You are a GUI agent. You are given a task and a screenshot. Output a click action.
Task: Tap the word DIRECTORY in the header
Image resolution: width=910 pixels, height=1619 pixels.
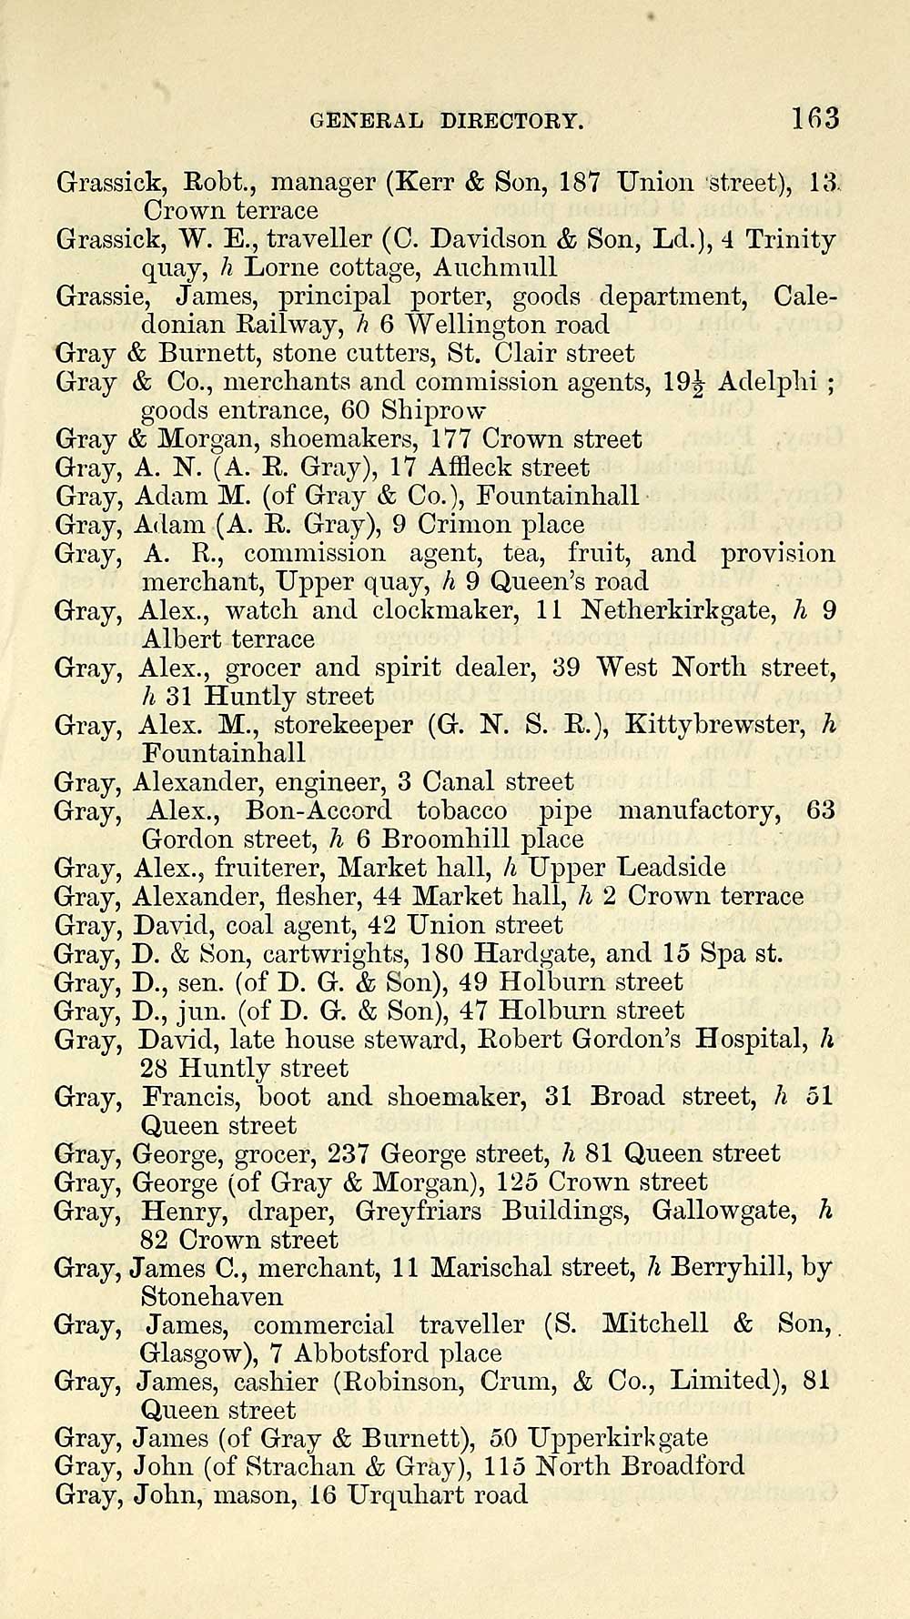(x=511, y=120)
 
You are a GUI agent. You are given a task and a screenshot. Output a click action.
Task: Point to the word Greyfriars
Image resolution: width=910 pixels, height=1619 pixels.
(x=419, y=1212)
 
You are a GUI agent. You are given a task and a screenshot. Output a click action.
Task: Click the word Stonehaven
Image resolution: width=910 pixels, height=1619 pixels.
(x=212, y=1296)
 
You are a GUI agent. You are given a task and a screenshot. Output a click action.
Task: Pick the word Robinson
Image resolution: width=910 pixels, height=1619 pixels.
(x=399, y=1382)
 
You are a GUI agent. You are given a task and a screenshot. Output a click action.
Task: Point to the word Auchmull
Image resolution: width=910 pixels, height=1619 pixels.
(x=495, y=267)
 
